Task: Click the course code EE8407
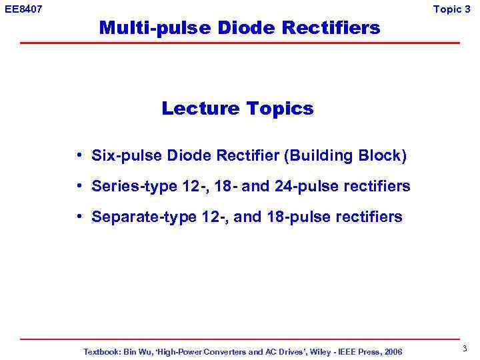point(23,9)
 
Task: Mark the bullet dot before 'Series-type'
point(79,186)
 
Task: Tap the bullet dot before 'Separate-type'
point(79,217)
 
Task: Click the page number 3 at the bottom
point(464,349)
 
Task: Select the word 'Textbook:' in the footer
point(102,351)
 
